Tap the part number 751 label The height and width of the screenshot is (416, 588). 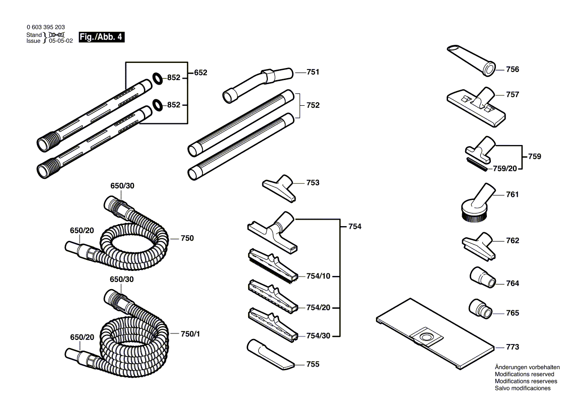point(313,72)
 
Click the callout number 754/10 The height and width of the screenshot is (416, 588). point(318,276)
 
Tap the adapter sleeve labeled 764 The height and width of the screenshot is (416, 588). point(482,278)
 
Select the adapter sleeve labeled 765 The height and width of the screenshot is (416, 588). point(480,308)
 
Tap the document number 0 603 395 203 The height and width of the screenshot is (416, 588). point(45,27)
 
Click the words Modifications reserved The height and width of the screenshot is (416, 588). point(524,374)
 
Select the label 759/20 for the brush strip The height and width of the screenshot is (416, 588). point(505,169)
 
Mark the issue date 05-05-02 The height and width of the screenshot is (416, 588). point(61,41)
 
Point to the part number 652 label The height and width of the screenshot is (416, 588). point(200,73)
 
